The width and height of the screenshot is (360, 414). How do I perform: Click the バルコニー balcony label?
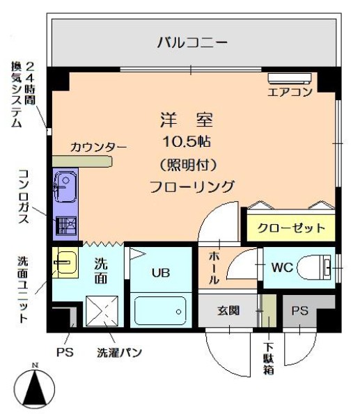tap(191, 42)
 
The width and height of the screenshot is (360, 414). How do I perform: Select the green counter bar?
tap(81, 161)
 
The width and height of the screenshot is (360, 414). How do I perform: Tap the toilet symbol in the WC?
tap(315, 266)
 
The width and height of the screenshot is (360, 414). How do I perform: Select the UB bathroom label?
tap(161, 272)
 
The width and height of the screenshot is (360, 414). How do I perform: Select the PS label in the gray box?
tap(299, 311)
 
